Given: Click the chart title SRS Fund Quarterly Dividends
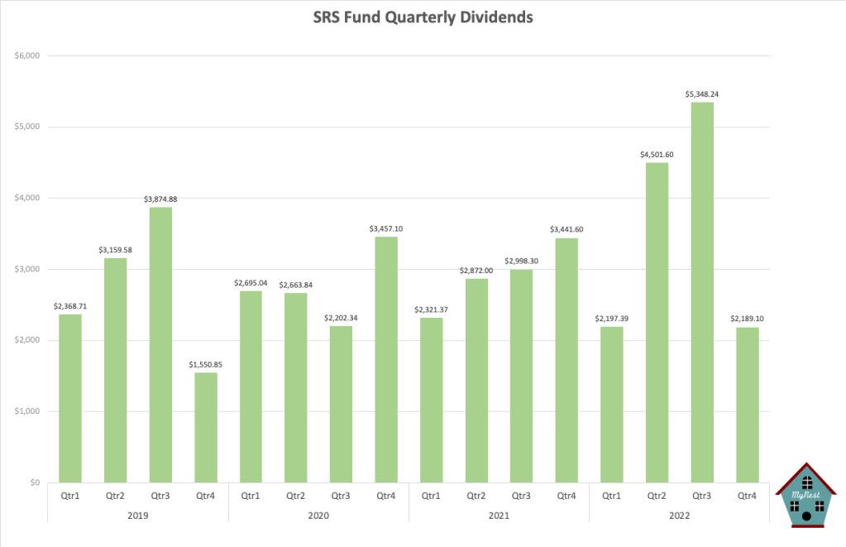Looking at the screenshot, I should [423, 17].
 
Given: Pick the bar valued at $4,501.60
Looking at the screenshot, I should [657, 322].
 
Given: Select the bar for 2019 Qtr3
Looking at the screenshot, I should [160, 344].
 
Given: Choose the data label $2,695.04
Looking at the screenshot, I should [251, 281].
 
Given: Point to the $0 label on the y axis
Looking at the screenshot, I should [34, 482].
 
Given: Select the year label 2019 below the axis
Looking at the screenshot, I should [138, 515].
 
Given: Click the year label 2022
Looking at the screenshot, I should [679, 515].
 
